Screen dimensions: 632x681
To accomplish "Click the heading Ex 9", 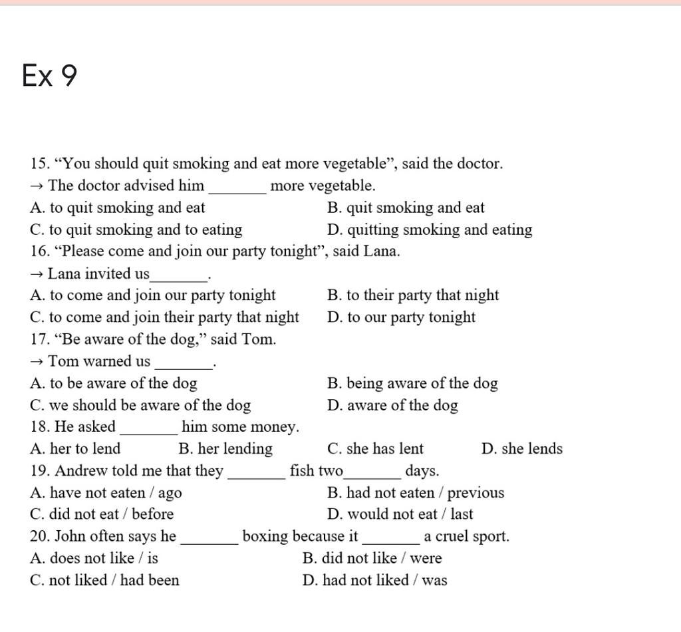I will (49, 75).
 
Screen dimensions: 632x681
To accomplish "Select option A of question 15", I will (118, 208).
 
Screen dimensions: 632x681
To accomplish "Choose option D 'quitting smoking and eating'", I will (430, 230).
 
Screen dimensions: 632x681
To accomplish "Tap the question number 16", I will (39, 251).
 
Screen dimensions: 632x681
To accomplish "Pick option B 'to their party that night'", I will (413, 295).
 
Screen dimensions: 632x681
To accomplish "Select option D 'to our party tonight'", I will (402, 317).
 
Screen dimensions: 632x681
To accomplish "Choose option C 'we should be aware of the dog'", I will (141, 405).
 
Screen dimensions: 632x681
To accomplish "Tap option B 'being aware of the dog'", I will (412, 383).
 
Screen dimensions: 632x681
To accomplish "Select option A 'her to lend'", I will (76, 449).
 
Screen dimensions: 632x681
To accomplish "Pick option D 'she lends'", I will (522, 449).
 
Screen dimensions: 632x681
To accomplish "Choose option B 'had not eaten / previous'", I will (416, 493).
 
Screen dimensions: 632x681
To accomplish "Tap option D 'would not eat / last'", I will (400, 514).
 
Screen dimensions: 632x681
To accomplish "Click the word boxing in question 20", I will (266, 536).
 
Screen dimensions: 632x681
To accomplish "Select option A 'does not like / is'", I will (94, 558).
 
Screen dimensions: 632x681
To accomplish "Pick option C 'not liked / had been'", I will (105, 580).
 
